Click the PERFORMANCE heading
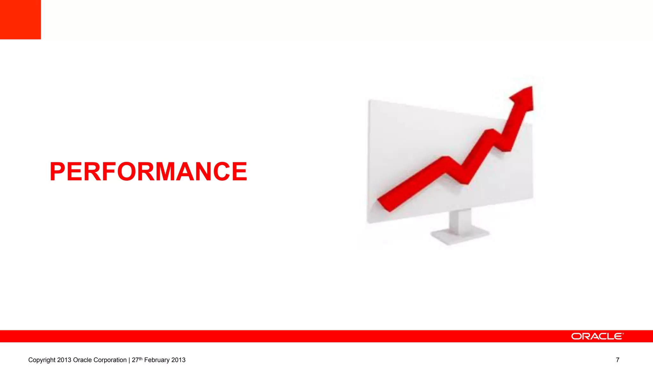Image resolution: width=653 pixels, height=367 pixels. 148,172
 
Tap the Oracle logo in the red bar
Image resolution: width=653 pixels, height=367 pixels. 597,336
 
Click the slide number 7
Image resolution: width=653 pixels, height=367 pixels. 618,360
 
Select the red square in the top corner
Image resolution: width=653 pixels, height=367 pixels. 20,19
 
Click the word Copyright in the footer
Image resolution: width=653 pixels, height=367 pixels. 42,360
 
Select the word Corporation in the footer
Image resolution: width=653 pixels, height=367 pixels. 109,360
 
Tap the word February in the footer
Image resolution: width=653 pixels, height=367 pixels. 157,360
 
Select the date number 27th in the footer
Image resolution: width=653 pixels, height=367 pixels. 137,360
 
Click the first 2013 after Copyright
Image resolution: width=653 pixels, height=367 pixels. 64,360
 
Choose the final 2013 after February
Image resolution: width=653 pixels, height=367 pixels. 178,360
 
